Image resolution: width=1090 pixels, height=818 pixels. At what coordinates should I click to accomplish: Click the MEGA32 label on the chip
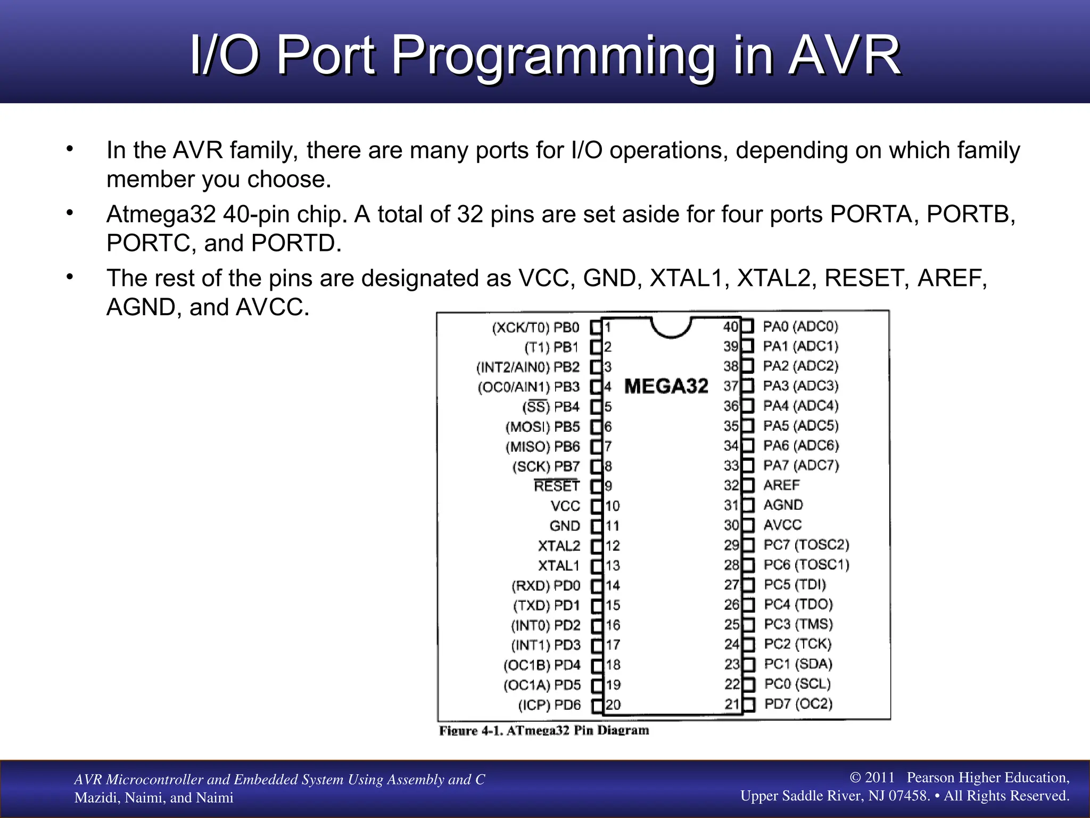(666, 386)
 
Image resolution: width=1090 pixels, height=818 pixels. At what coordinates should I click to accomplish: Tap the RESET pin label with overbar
(557, 486)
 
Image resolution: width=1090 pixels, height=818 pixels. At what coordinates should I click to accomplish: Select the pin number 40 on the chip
(731, 326)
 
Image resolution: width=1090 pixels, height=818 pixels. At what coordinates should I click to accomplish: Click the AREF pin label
(781, 485)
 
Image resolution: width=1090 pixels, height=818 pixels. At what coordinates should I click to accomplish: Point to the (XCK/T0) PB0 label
(535, 327)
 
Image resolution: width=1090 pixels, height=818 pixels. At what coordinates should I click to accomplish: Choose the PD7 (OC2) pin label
(798, 704)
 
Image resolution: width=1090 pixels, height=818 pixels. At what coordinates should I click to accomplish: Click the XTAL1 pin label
(558, 566)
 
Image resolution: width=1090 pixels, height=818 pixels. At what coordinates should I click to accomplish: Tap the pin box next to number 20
(597, 706)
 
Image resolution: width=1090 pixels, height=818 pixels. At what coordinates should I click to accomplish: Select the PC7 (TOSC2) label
(806, 545)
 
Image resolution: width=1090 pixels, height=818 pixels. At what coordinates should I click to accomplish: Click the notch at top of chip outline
(671, 328)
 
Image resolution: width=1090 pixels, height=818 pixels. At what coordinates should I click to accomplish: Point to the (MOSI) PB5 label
(542, 427)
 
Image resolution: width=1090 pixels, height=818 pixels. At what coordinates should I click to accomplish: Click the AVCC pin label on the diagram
(782, 525)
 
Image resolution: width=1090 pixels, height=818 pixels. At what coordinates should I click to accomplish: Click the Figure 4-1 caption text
(544, 730)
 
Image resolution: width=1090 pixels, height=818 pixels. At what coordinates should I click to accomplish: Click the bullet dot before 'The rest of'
(70, 277)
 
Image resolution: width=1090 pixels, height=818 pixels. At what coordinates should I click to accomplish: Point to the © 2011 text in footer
(872, 778)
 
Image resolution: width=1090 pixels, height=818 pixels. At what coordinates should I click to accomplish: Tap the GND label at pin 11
(565, 526)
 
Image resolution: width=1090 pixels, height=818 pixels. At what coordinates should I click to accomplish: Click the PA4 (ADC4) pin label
(800, 406)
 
